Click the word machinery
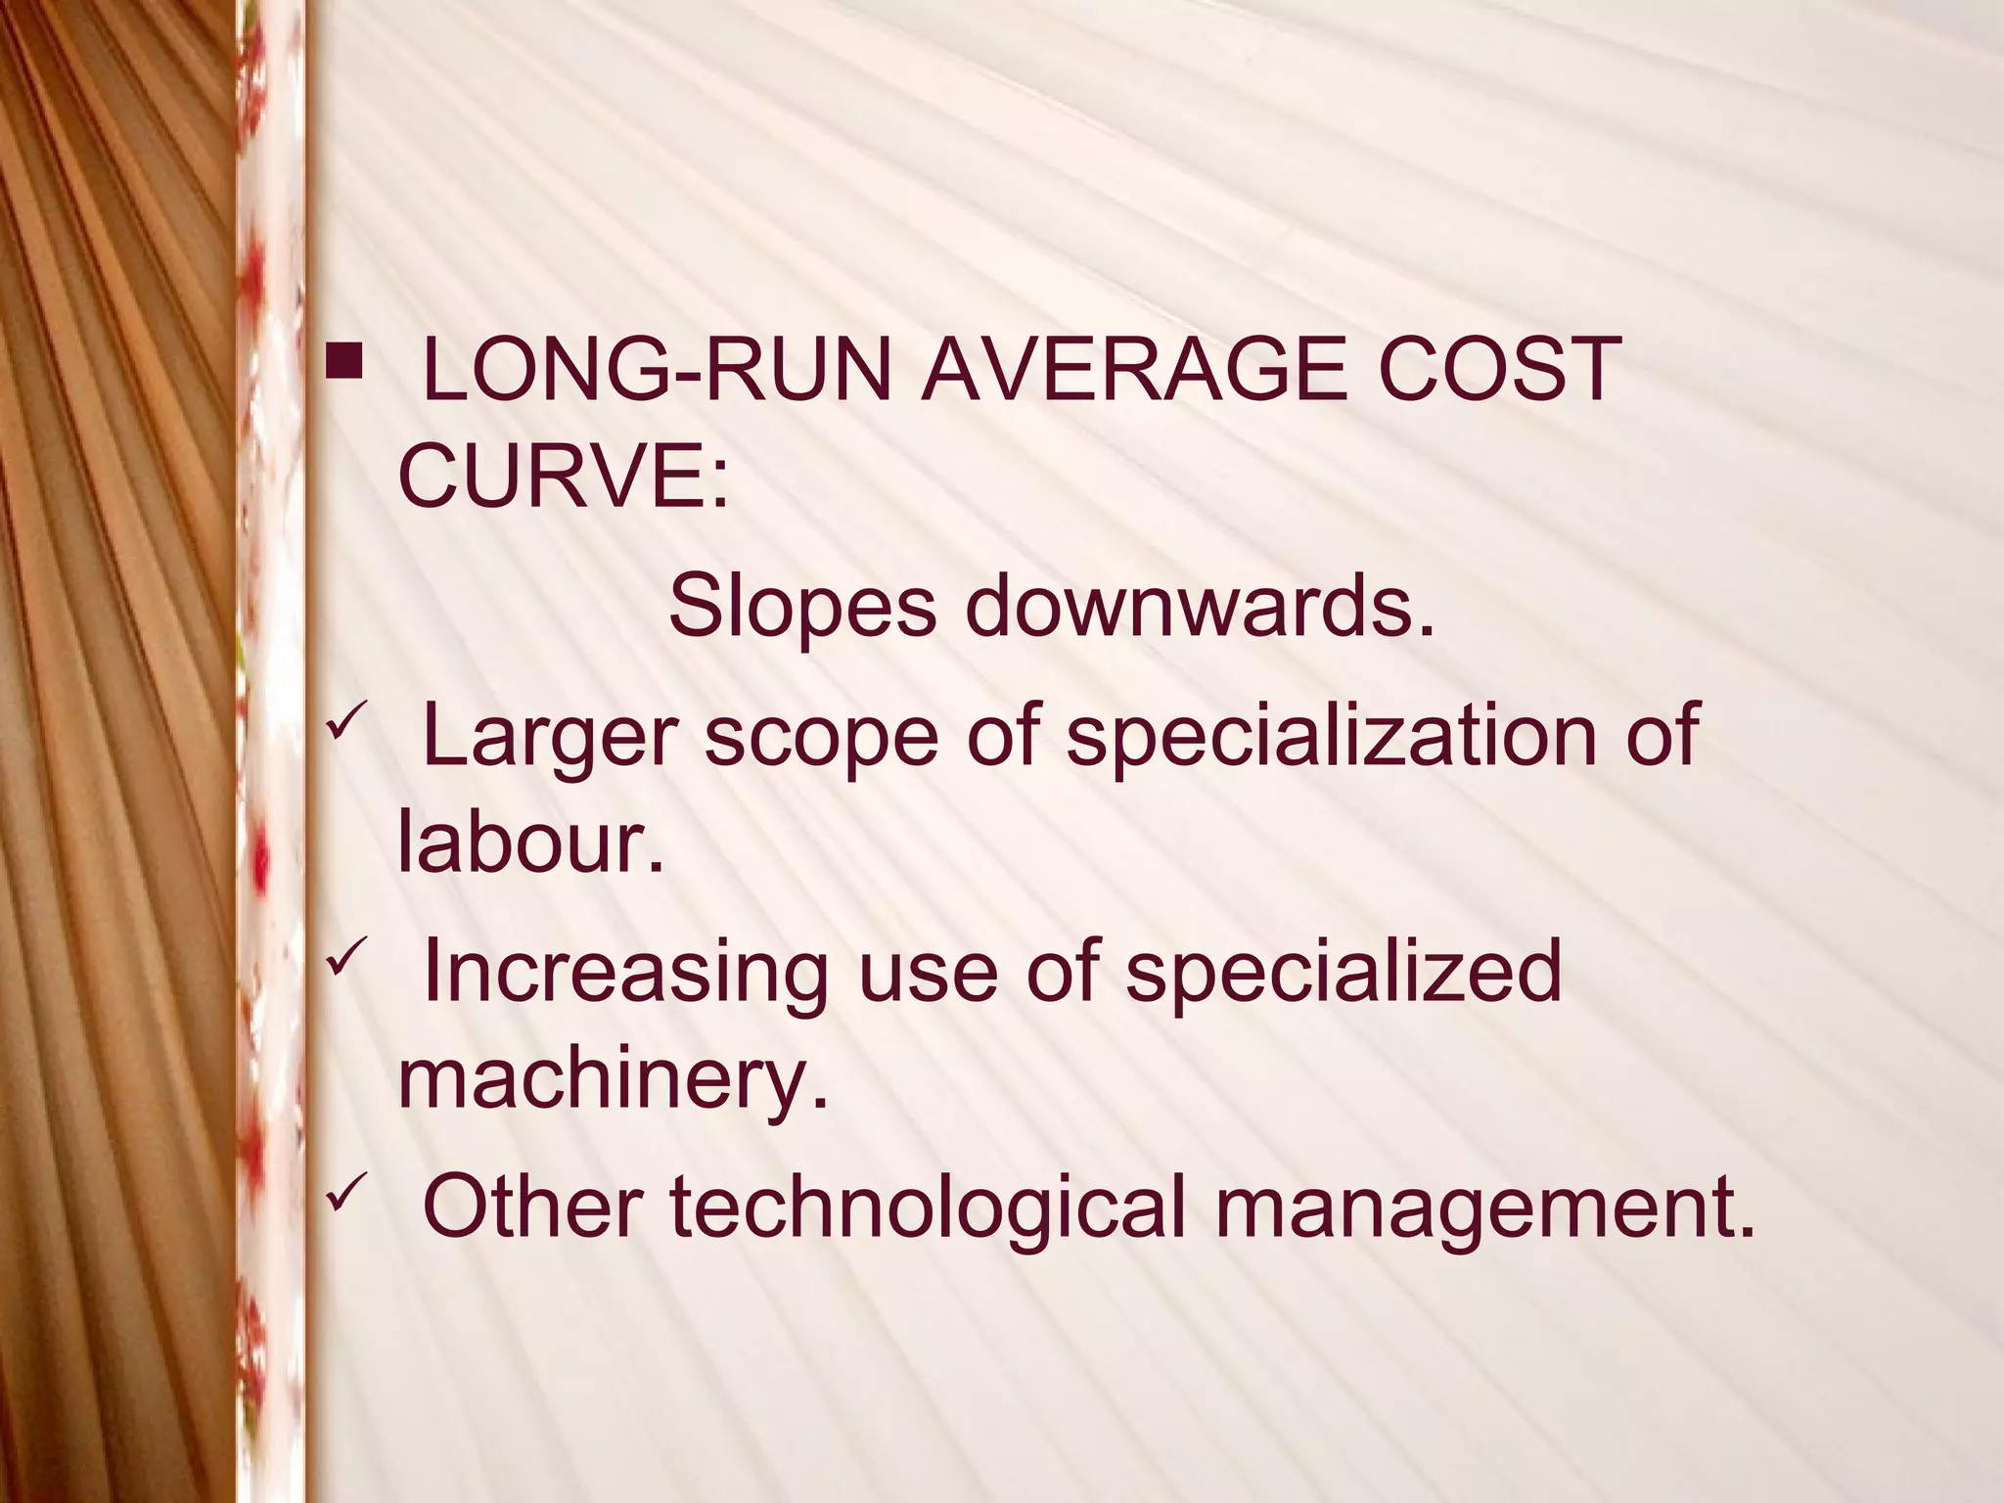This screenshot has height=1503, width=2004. click(613, 1081)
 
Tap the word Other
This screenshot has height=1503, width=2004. click(532, 1207)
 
